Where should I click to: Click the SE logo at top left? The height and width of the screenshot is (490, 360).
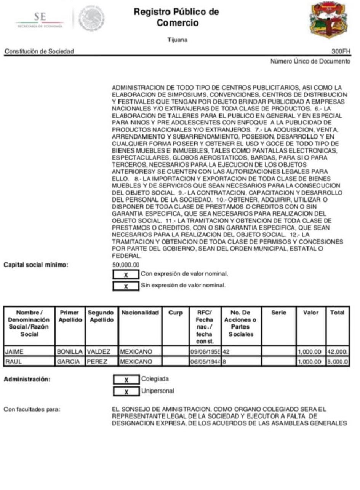tap(40, 18)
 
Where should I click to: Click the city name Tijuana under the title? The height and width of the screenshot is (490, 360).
tap(178, 40)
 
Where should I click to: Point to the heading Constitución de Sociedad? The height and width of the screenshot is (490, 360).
tap(39, 51)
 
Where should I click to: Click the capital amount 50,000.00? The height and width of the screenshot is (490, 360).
tap(126, 265)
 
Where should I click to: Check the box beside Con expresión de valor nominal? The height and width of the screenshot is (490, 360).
tap(126, 274)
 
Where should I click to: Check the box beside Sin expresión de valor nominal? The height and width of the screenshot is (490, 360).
tap(126, 286)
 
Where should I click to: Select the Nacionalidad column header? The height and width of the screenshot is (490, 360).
tap(140, 313)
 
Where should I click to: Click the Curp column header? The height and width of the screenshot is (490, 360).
tap(176, 313)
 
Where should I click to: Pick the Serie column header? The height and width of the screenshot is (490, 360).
tap(279, 313)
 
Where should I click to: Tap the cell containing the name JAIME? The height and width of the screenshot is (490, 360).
tap(29, 351)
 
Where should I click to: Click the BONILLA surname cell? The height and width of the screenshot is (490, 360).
tap(70, 351)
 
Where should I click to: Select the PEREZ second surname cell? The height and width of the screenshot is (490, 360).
tap(102, 361)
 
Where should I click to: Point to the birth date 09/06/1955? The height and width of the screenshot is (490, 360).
tap(205, 351)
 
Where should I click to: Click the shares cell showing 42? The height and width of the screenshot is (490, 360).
tap(242, 351)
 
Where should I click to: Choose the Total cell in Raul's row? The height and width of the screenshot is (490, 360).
tap(338, 361)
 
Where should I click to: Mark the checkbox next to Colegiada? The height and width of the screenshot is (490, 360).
tap(126, 380)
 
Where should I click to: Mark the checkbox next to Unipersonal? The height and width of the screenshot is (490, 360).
tap(126, 391)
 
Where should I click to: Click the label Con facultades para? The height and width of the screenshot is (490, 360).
tap(32, 409)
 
